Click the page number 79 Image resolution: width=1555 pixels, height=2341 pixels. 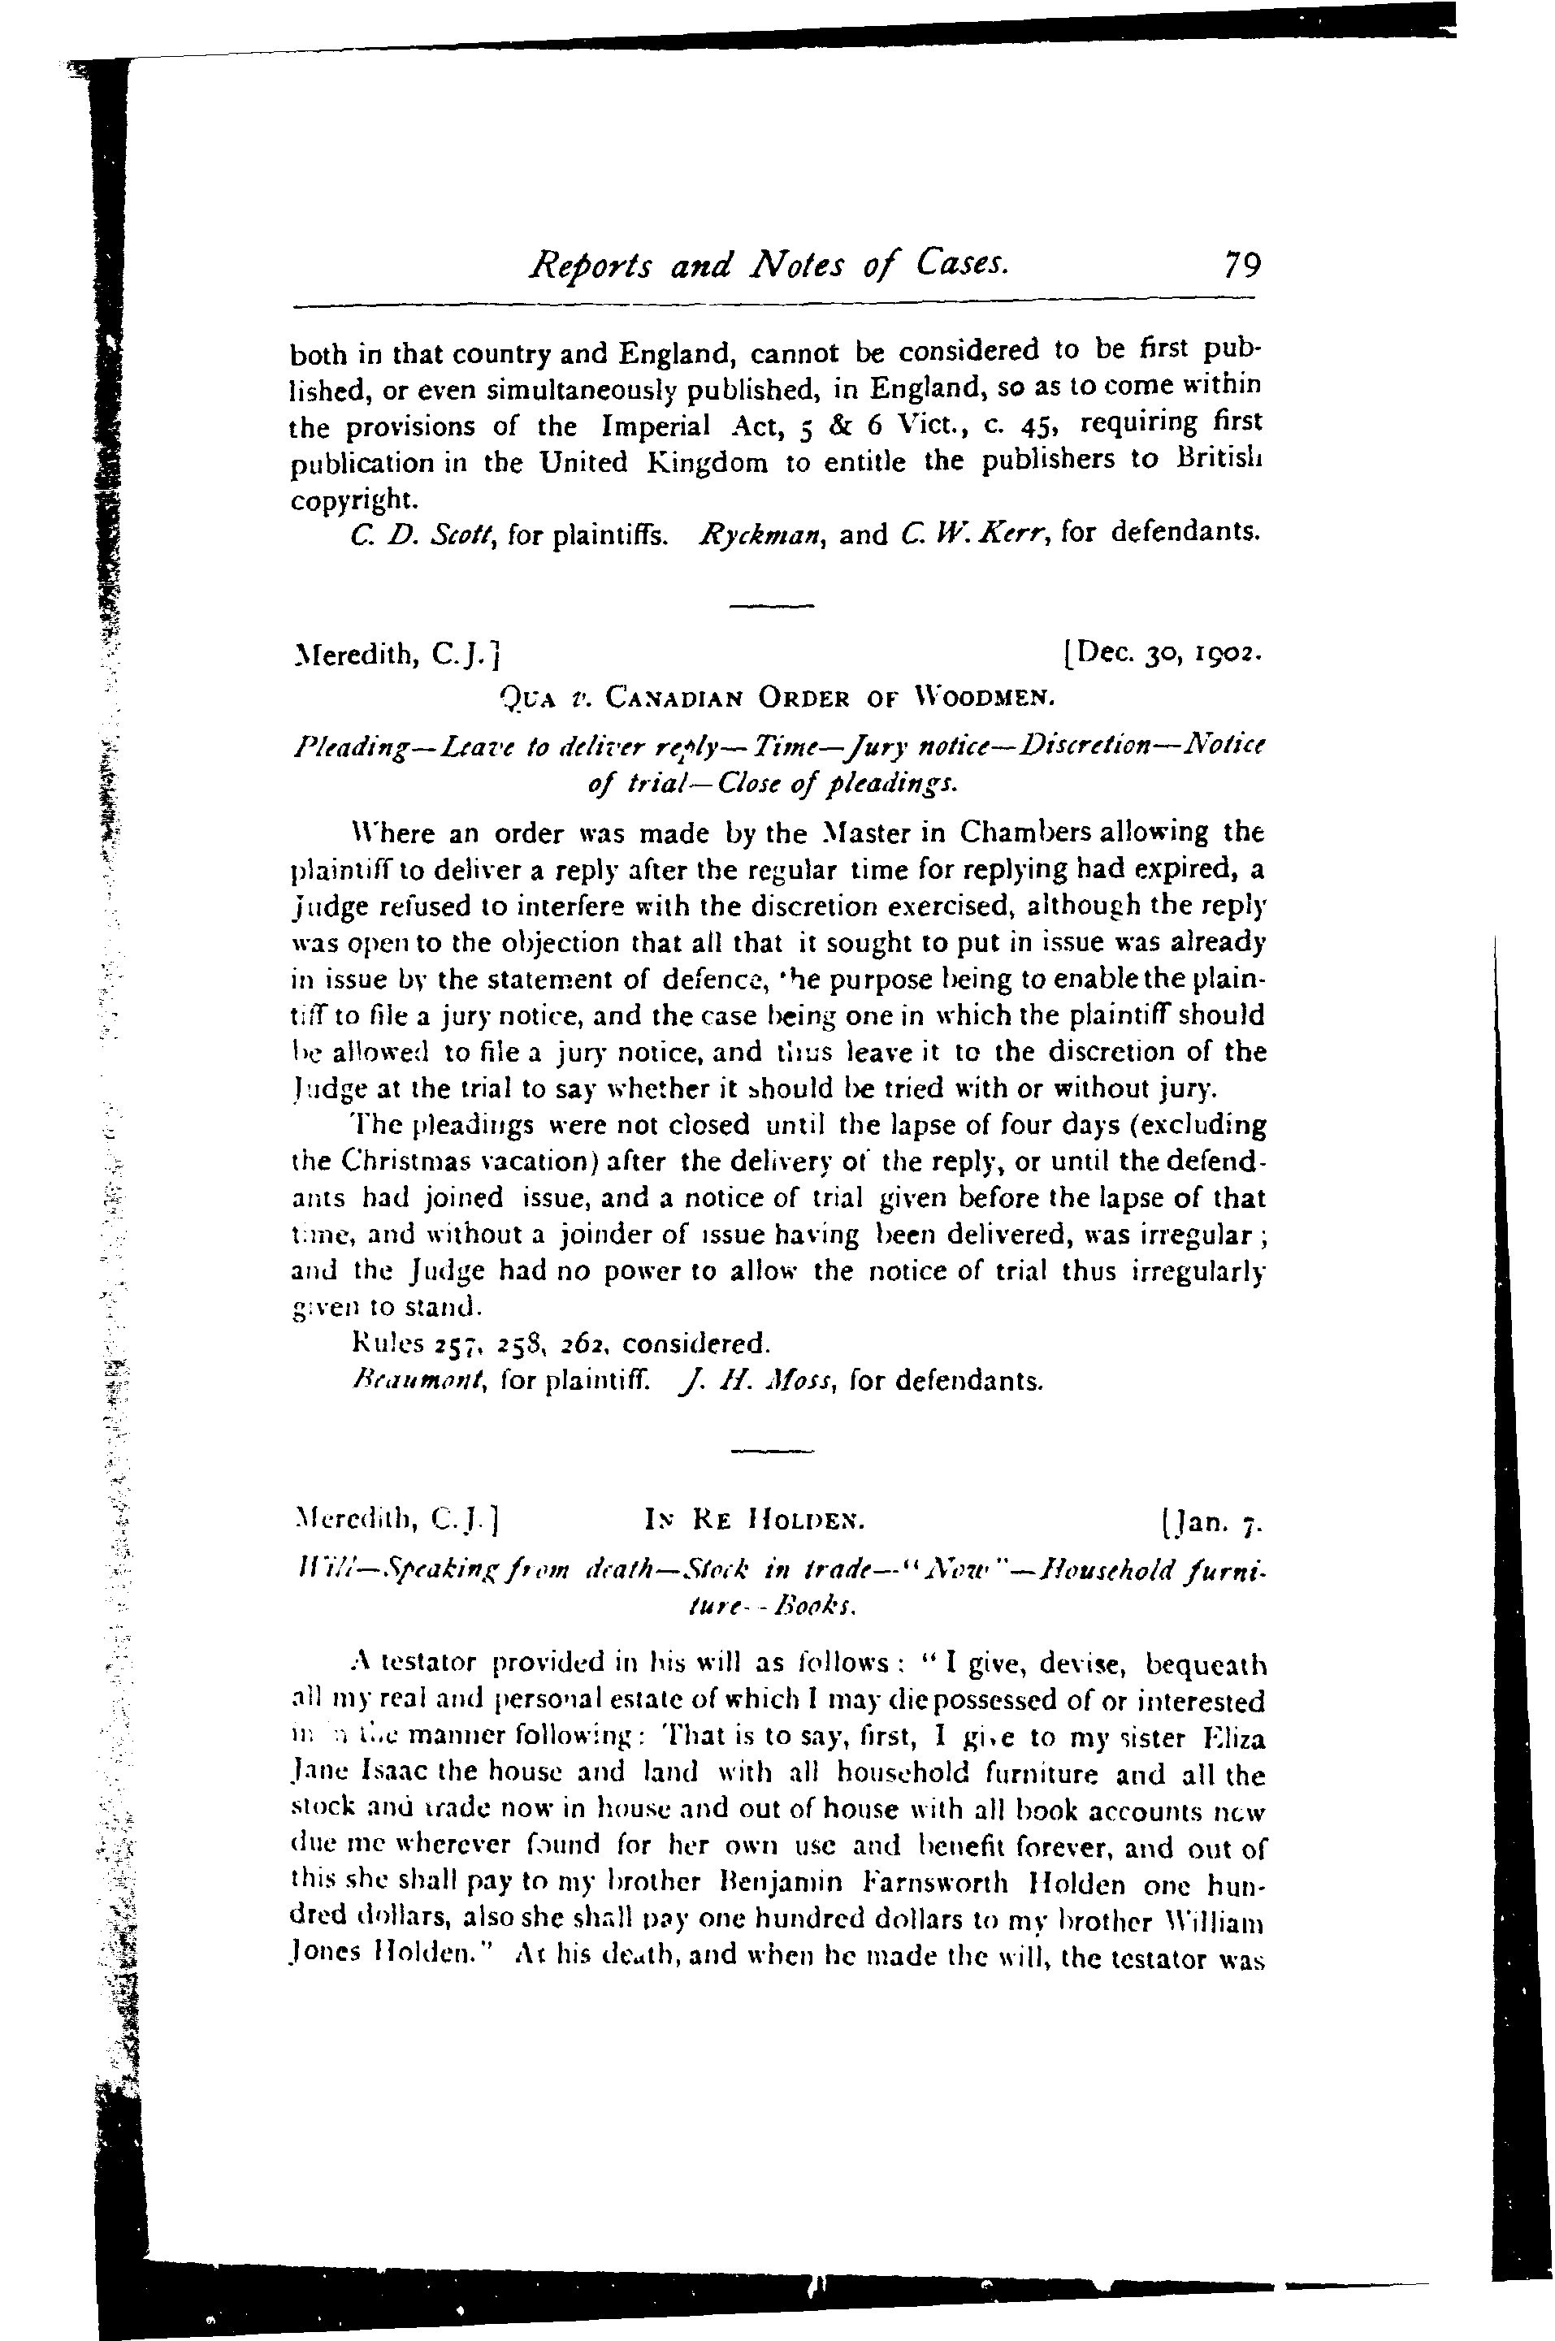click(1241, 266)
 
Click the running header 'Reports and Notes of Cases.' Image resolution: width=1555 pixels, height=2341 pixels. click(769, 264)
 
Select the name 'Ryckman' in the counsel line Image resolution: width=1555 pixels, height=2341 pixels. click(761, 535)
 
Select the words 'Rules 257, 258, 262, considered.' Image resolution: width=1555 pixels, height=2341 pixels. click(561, 1344)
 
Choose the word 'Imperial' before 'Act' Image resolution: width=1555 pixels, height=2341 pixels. click(656, 426)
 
